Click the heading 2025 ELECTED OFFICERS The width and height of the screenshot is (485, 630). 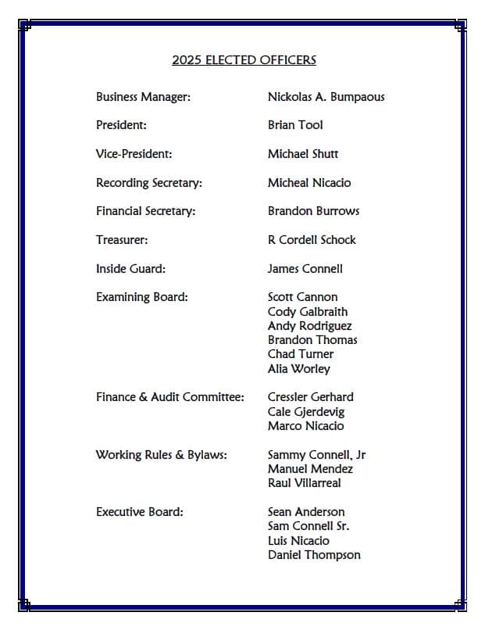(244, 60)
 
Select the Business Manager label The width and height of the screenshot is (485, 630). (143, 97)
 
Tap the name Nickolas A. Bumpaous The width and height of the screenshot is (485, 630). (326, 97)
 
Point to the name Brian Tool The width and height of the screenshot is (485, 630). (295, 125)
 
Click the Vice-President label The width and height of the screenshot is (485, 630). (134, 154)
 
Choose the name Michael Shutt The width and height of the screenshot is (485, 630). (303, 154)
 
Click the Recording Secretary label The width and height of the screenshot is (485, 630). (148, 183)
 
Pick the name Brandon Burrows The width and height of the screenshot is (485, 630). (313, 211)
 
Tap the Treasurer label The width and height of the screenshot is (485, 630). (122, 240)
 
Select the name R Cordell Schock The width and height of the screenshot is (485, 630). (312, 240)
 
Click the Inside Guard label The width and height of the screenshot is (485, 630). (130, 269)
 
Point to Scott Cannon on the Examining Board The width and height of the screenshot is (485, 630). (302, 297)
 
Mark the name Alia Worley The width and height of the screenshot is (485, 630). (298, 369)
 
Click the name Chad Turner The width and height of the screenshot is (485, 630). (300, 354)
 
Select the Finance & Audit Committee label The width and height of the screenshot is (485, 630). (169, 397)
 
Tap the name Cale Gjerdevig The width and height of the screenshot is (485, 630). (305, 412)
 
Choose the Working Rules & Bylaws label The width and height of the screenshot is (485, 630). (161, 455)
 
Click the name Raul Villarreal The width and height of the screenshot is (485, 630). (304, 483)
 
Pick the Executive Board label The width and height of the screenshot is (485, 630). (139, 512)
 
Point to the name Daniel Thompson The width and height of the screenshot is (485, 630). (314, 555)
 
